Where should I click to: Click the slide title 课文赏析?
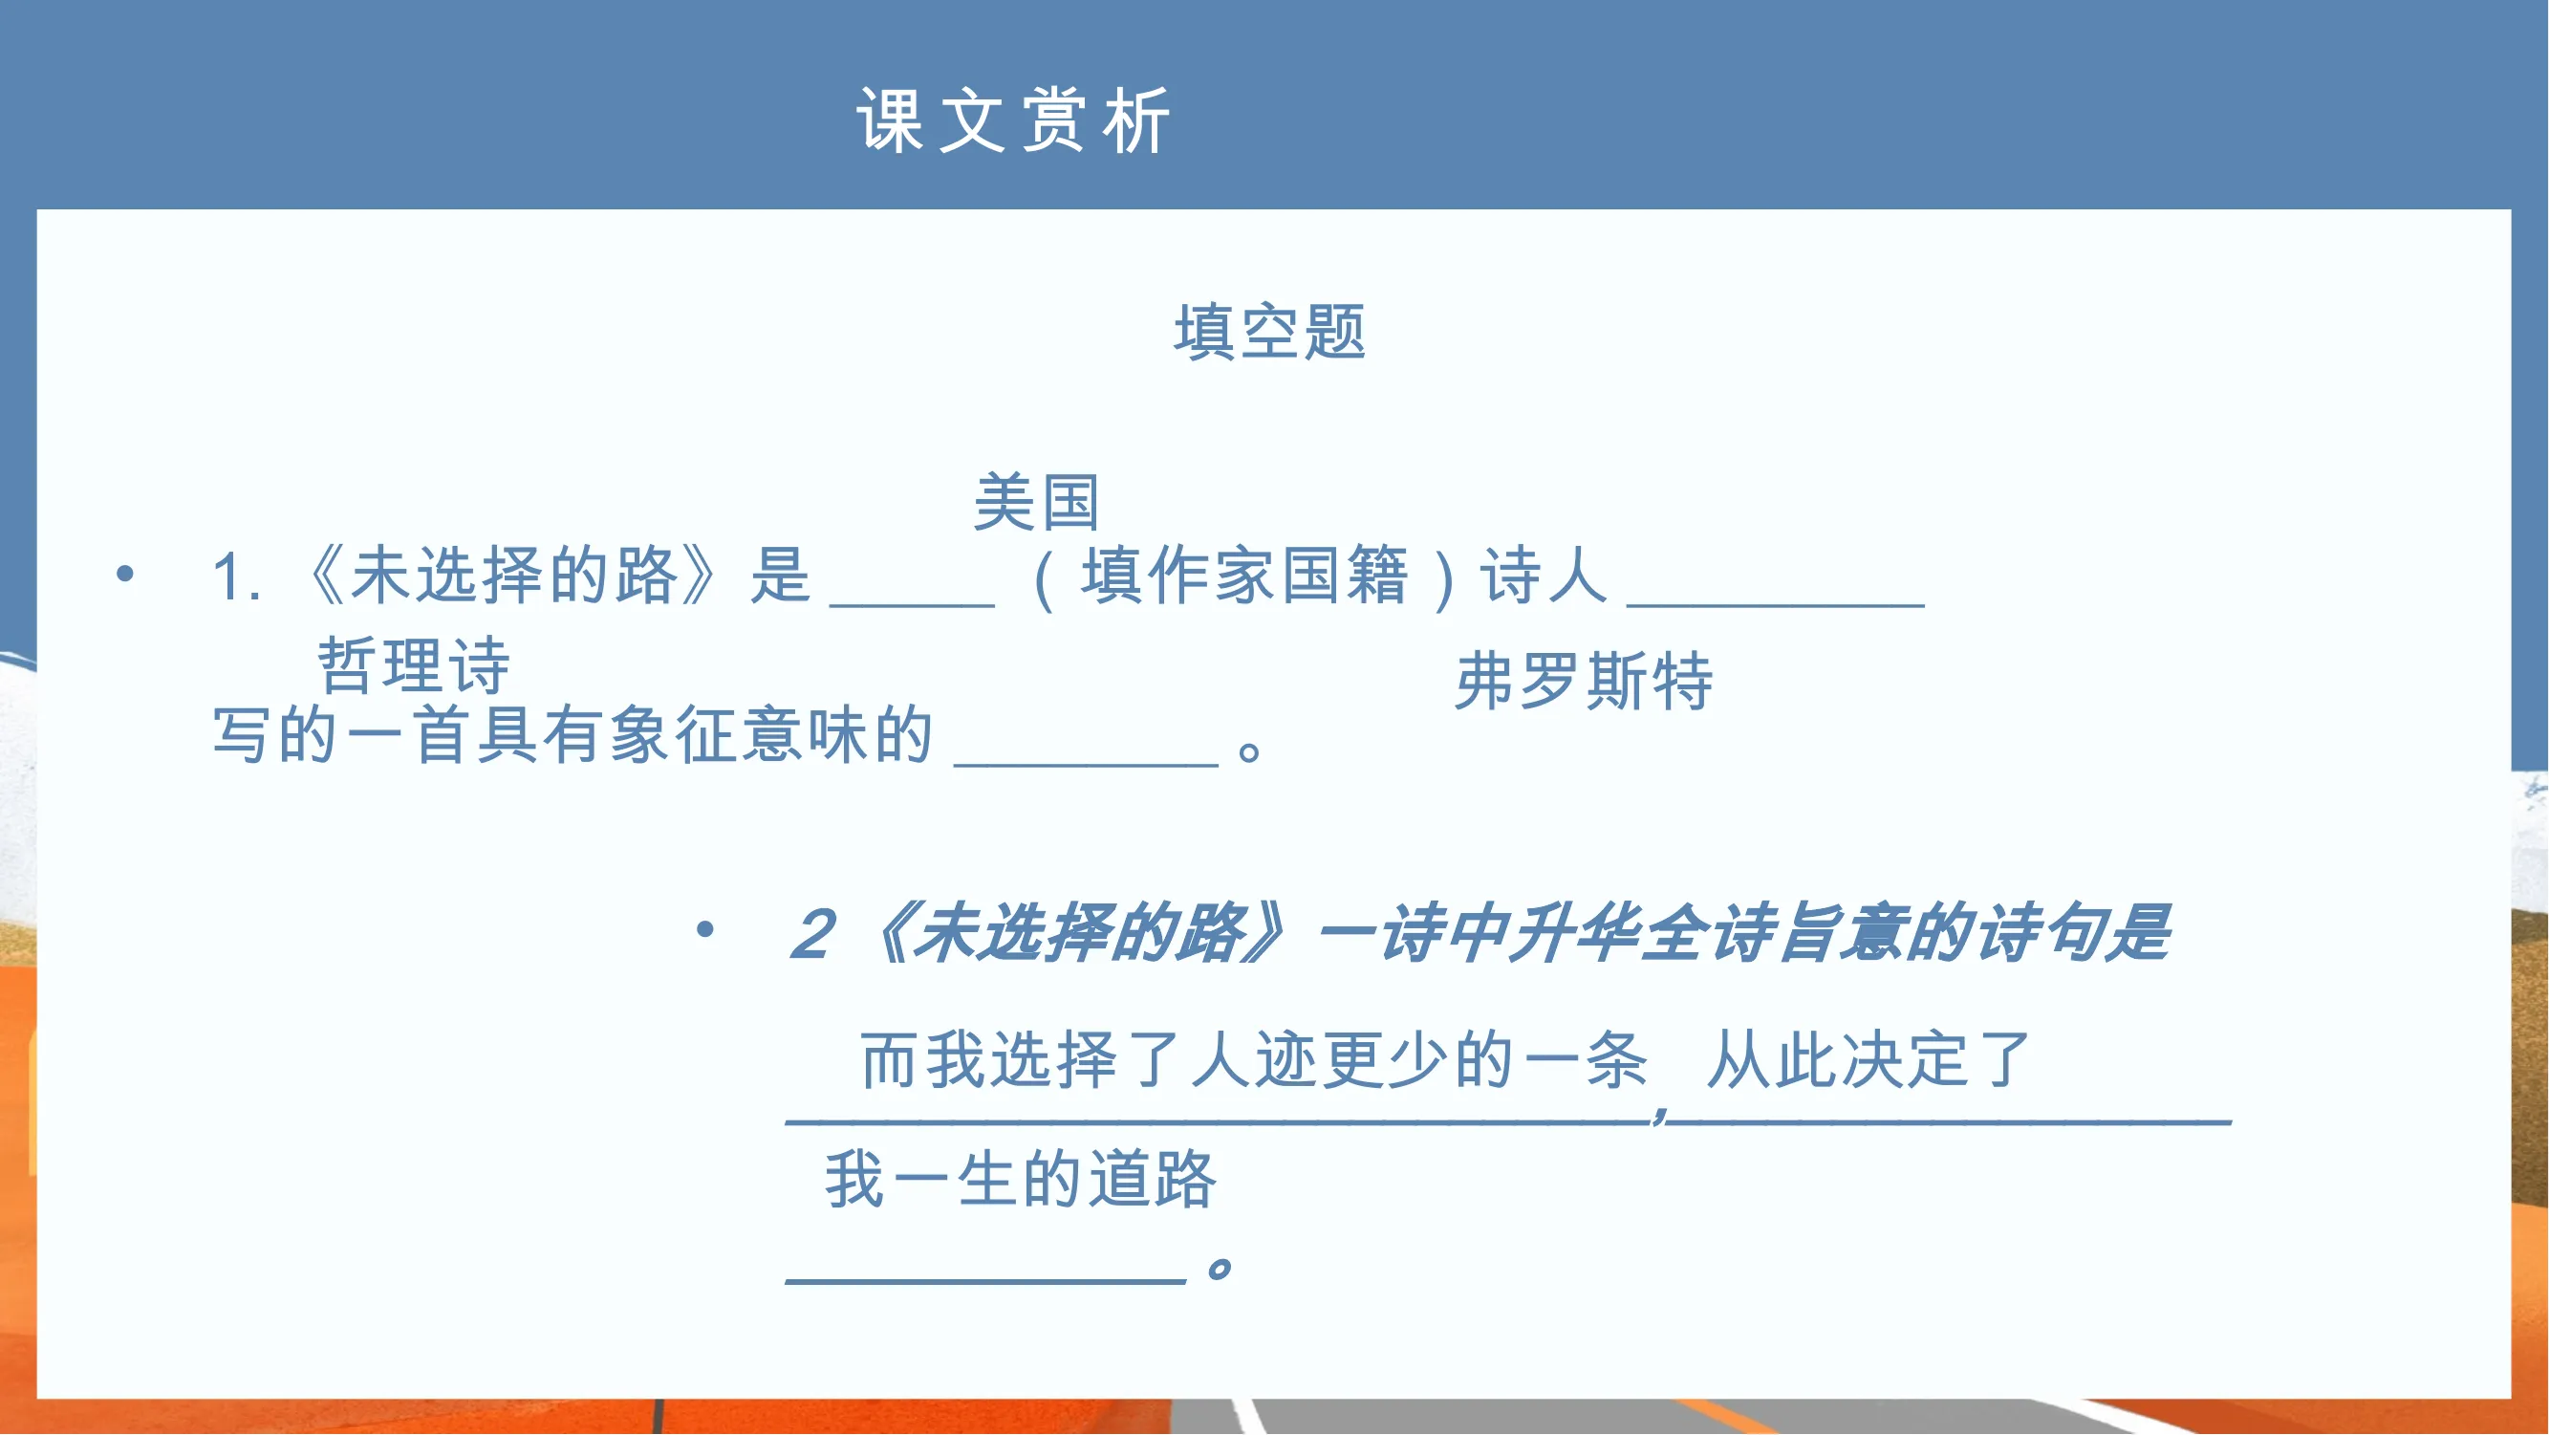tap(1014, 120)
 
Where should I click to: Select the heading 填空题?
tap(1269, 332)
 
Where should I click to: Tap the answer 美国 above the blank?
tap(1037, 502)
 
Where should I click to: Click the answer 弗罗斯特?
tap(1584, 681)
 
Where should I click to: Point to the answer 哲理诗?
tap(414, 665)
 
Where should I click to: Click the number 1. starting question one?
tap(237, 577)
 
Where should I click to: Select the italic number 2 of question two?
tap(813, 933)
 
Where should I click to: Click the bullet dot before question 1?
tap(124, 573)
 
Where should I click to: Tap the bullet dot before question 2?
tap(704, 929)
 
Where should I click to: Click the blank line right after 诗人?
tap(1776, 604)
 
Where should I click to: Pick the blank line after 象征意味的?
tap(1087, 764)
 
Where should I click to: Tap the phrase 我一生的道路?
tap(1021, 1179)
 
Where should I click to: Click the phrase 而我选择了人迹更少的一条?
tap(1255, 1060)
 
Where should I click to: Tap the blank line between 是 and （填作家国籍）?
tap(913, 604)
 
